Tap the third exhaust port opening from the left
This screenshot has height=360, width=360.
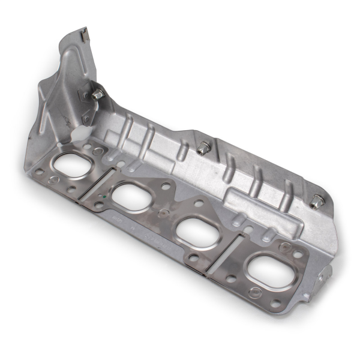(x=197, y=231)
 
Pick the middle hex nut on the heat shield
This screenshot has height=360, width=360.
(x=203, y=147)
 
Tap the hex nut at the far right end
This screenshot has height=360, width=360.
(x=316, y=202)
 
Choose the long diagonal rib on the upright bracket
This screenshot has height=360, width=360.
(x=63, y=90)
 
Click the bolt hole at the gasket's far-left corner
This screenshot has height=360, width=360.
(x=38, y=172)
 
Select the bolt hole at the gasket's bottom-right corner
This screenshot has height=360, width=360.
(x=275, y=304)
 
